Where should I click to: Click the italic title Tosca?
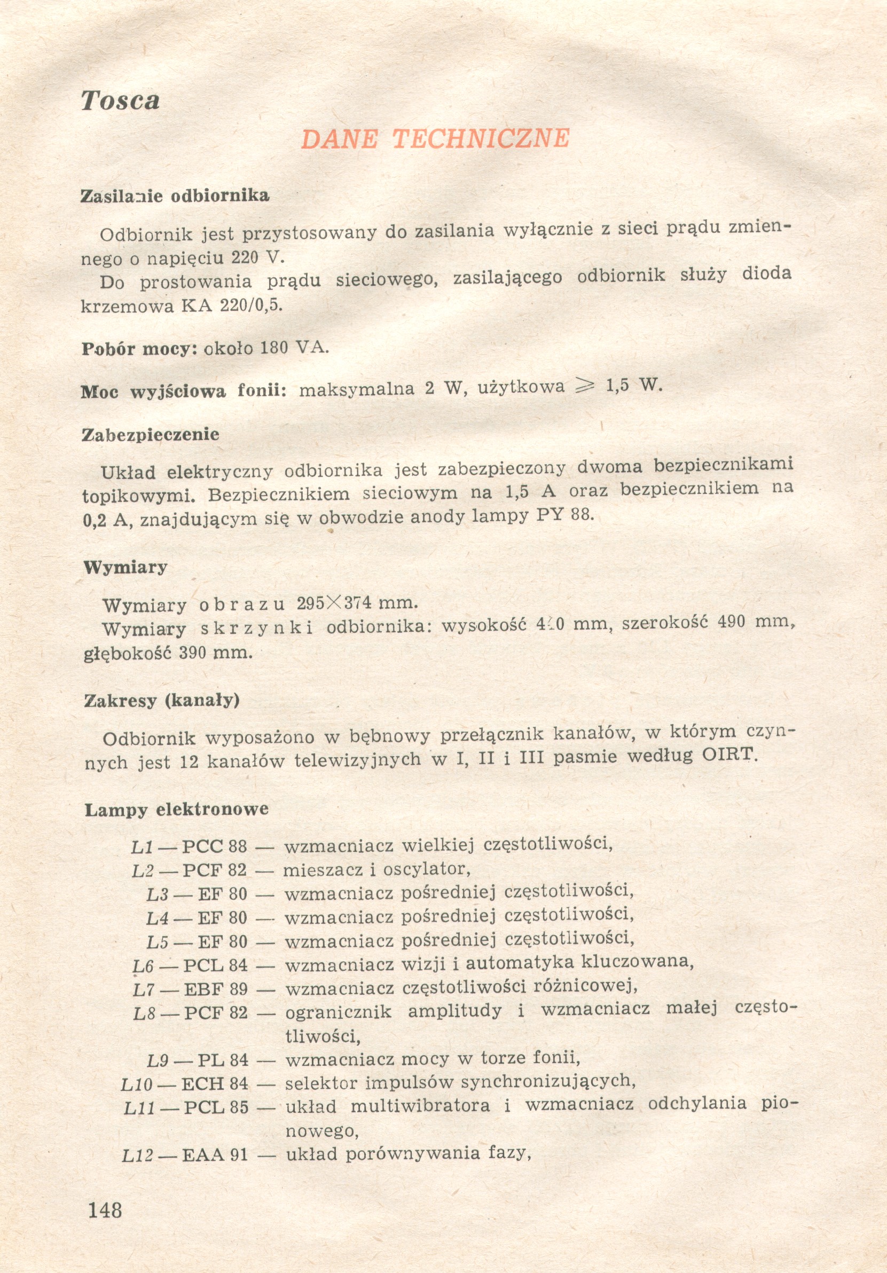coord(120,100)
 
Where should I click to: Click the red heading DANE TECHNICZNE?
coord(435,139)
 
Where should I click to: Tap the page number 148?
coord(105,1209)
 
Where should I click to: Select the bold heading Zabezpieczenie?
coord(150,434)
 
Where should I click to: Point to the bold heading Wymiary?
coord(125,567)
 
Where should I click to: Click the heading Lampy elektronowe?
coord(176,810)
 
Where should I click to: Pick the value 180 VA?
coord(294,348)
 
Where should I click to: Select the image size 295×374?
coord(333,603)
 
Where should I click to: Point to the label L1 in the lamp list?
coord(142,847)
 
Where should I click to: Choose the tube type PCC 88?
coord(215,847)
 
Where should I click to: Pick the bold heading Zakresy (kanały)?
coord(161,701)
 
